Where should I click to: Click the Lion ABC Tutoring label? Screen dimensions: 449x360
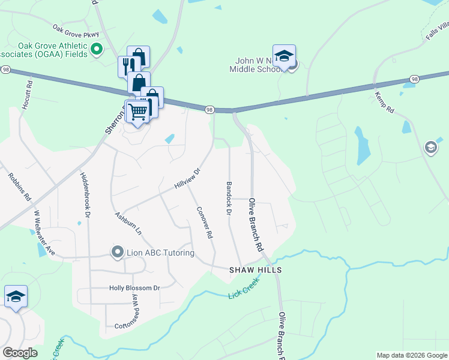click(x=160, y=253)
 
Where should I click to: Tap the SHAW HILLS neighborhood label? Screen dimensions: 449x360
click(x=256, y=271)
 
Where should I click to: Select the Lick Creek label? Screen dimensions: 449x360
click(x=244, y=288)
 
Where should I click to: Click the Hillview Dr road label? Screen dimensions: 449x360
click(x=187, y=178)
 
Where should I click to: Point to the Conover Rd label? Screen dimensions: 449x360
click(x=206, y=223)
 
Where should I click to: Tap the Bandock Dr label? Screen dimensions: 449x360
click(x=229, y=198)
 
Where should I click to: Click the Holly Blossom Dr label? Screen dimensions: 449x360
click(x=134, y=288)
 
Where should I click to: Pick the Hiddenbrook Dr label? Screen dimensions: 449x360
click(x=85, y=195)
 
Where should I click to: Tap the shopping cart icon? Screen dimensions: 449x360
click(x=139, y=111)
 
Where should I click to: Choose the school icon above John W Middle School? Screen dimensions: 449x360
click(x=284, y=56)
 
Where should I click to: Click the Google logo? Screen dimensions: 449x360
click(x=20, y=353)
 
